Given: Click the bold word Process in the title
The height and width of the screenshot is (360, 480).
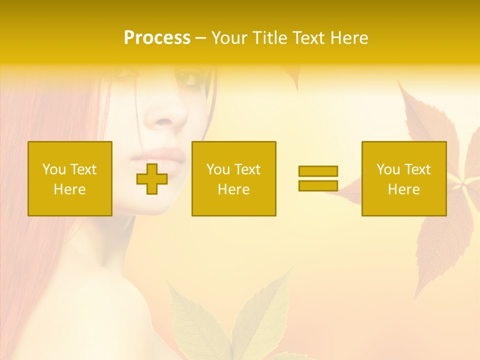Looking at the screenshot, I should pyautogui.click(x=157, y=38).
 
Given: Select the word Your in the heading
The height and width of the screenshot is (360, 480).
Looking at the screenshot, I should pyautogui.click(x=230, y=38).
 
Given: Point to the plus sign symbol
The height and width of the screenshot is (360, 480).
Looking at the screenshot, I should pyautogui.click(x=152, y=179).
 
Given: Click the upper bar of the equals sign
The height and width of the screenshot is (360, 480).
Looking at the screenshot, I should pyautogui.click(x=318, y=171).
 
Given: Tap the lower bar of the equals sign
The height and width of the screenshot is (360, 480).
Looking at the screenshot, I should pyautogui.click(x=318, y=185).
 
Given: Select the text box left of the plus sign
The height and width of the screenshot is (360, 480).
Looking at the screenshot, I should pyautogui.click(x=70, y=178).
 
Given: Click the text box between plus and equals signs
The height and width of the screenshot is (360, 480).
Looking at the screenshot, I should pyautogui.click(x=233, y=178).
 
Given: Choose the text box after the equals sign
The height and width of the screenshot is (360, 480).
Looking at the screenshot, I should pyautogui.click(x=403, y=178).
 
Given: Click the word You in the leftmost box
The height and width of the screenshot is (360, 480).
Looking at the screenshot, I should pyautogui.click(x=53, y=169).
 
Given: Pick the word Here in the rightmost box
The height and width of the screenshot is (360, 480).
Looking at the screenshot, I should pyautogui.click(x=403, y=189).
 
